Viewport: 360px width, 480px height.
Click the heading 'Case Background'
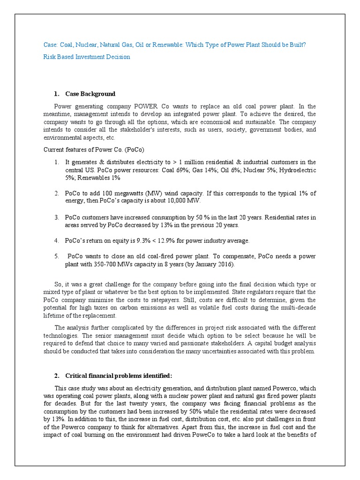click(x=90, y=94)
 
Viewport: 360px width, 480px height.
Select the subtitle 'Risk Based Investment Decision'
click(x=87, y=57)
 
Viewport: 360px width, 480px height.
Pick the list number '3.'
click(x=56, y=217)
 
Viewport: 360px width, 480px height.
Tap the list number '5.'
click(x=56, y=256)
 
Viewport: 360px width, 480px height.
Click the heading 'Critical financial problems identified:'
click(x=119, y=376)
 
